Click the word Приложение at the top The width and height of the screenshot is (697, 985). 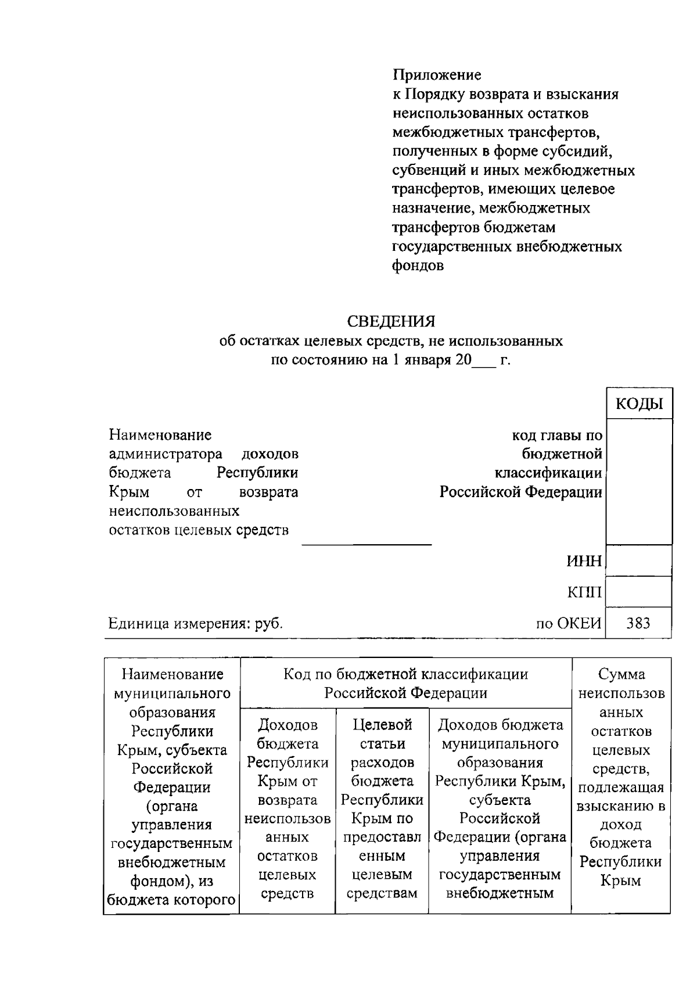tap(437, 75)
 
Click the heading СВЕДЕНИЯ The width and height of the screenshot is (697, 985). tap(390, 321)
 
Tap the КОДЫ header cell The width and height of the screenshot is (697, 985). tap(639, 404)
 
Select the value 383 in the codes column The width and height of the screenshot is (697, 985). tap(638, 624)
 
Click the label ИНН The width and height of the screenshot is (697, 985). tap(584, 562)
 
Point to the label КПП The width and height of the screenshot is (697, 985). tap(584, 592)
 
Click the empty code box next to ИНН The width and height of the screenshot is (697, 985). tap(639, 561)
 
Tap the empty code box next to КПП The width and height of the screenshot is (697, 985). tap(639, 592)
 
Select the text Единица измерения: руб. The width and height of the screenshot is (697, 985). tap(196, 624)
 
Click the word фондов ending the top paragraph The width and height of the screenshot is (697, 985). tap(418, 266)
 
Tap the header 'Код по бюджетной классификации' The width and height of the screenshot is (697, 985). tap(405, 674)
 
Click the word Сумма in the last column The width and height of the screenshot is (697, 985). tap(621, 674)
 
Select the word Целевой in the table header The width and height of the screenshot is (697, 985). tap(382, 725)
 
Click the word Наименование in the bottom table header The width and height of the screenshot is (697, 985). tap(172, 674)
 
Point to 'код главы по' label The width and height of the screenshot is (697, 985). tap(556, 435)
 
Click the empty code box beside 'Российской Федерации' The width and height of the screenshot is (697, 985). tap(639, 482)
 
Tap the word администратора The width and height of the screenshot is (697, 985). tap(166, 454)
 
